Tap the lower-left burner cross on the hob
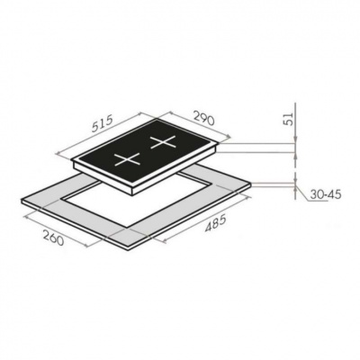(x=126, y=164)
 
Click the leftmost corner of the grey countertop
(x=20, y=202)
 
